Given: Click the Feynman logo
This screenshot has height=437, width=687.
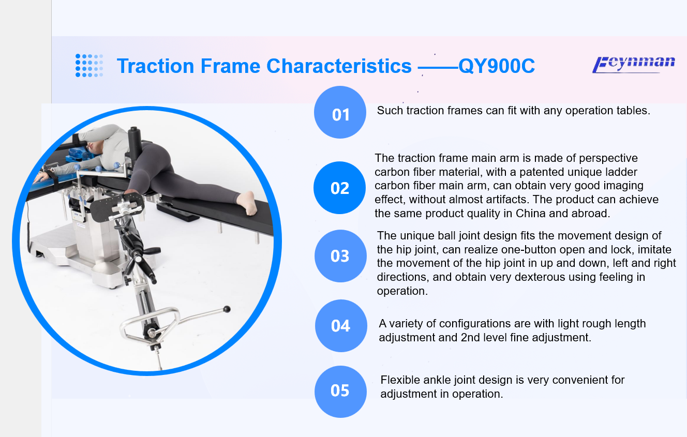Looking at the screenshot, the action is point(634,65).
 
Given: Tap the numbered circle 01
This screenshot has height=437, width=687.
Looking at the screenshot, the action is point(340,112).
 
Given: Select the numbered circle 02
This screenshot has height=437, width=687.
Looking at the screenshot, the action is point(339,188).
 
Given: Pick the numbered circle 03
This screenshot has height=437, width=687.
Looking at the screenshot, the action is point(340,256).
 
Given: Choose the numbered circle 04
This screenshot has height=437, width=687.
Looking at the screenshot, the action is point(341,326).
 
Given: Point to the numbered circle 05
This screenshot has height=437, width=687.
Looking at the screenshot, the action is point(340,391).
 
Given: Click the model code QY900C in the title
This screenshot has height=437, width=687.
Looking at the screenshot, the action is point(497,66).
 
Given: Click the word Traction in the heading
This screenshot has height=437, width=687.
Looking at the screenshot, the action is point(155,66).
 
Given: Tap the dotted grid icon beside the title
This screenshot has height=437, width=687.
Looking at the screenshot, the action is point(89,66).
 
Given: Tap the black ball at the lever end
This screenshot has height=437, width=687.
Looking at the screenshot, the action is point(227,309).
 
